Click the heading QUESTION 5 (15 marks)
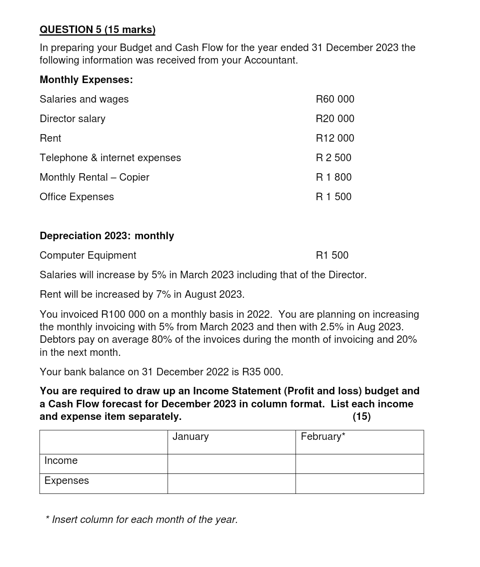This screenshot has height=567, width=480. [x=97, y=30]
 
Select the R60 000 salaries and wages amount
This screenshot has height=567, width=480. [x=334, y=100]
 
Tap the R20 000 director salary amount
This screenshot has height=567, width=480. [x=334, y=119]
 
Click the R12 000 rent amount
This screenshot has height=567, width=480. [x=334, y=139]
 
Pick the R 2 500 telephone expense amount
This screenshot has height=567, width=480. [x=333, y=158]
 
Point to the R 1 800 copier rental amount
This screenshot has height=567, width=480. [x=333, y=178]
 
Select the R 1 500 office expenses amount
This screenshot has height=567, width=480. [x=333, y=197]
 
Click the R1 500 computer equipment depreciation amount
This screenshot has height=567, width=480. [x=332, y=256]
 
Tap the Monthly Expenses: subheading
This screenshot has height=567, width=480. [x=86, y=80]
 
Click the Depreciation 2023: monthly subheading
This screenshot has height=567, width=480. [x=106, y=236]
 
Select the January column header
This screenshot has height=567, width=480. [x=190, y=437]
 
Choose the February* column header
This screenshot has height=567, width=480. [x=322, y=437]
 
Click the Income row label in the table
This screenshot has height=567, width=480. [x=61, y=461]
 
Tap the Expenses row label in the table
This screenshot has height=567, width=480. [x=66, y=481]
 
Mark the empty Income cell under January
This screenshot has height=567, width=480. [x=231, y=464]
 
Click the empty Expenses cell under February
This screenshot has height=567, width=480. [x=359, y=483]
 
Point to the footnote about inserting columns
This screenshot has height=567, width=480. [x=141, y=520]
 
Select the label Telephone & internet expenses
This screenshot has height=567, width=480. [x=110, y=158]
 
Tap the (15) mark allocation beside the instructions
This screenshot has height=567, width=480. [x=361, y=417]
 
